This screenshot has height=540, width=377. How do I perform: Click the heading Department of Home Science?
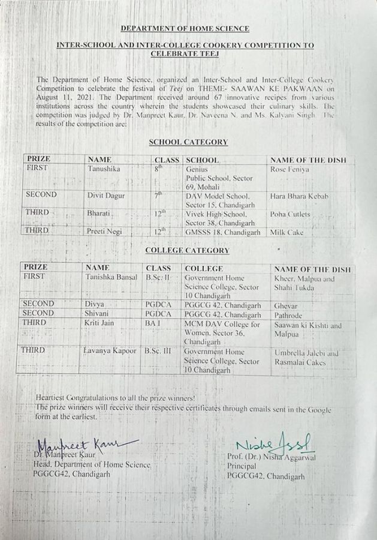pos(185,28)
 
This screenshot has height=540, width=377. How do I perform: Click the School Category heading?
pos(188,142)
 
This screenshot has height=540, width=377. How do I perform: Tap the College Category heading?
pos(188,250)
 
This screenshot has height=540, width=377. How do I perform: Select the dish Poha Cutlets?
pos(291,214)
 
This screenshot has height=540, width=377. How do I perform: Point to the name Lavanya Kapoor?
pos(111,350)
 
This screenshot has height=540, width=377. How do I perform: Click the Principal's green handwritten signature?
pos(273,445)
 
